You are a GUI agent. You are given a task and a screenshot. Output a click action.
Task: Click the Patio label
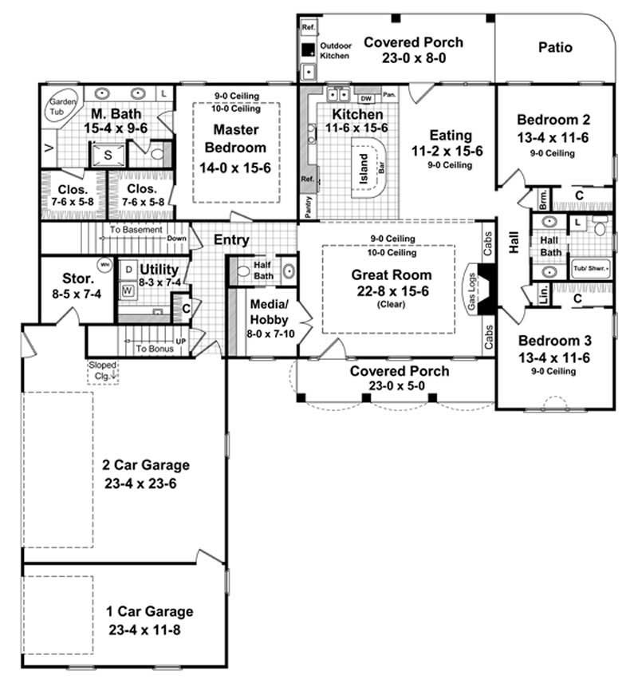(555, 47)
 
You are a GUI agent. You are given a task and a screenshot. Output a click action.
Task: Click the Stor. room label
(78, 280)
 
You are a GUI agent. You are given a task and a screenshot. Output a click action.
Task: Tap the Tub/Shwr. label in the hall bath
(591, 270)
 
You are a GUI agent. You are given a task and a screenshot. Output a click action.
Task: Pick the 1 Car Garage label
(150, 612)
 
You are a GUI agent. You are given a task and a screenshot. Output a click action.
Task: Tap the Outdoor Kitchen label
(336, 51)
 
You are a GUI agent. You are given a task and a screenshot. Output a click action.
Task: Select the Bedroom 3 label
(553, 343)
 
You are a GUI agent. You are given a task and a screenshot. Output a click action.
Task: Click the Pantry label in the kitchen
(308, 206)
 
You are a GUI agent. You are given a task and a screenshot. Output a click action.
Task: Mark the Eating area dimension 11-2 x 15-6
(451, 150)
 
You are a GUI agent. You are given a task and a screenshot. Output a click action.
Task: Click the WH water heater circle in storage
(104, 264)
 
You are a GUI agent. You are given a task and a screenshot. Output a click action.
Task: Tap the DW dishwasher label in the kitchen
(366, 98)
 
